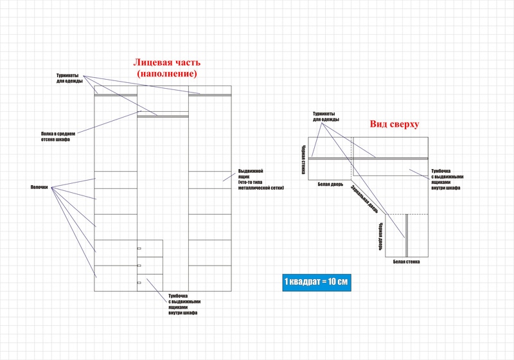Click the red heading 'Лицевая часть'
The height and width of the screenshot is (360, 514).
167,62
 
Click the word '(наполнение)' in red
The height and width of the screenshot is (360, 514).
167,74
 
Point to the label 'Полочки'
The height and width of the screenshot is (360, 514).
39,187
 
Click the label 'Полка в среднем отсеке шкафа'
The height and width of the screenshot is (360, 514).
58,136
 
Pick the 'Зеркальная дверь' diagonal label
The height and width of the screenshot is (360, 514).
364,200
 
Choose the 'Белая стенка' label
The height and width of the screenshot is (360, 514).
407,262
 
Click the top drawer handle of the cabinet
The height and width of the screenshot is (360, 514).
139,248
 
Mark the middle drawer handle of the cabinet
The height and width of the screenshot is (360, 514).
139,265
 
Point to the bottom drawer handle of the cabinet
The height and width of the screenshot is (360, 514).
139,282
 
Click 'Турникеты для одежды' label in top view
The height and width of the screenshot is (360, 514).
326,116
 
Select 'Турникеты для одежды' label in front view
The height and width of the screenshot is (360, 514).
69,78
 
